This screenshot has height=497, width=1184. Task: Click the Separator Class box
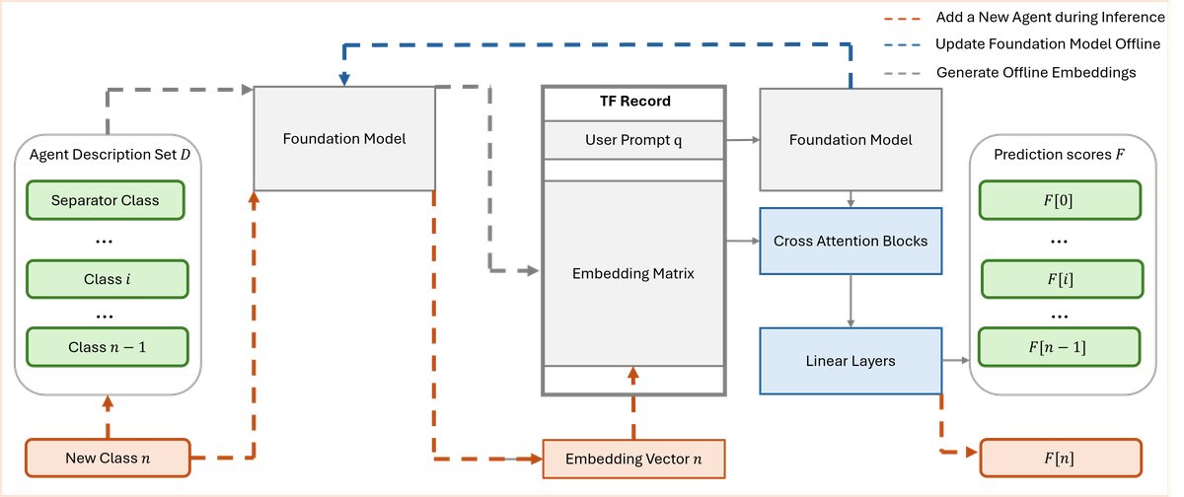[x=106, y=201]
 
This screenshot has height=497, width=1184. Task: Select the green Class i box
[x=106, y=279]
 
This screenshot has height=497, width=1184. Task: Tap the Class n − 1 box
[x=106, y=345]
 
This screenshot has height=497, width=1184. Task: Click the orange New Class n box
[x=106, y=457]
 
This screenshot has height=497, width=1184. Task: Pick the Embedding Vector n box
[x=633, y=460]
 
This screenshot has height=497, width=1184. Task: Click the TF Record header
[x=634, y=102]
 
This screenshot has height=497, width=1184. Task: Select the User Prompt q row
[x=634, y=139]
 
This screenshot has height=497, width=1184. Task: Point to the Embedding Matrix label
[x=633, y=273]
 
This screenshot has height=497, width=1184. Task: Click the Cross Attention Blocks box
[x=851, y=241]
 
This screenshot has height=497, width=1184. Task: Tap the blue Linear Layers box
[x=851, y=361]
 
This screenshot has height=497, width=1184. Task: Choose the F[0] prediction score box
[x=1061, y=200]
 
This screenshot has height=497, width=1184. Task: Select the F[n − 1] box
[x=1061, y=346]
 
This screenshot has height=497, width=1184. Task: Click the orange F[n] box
[x=1061, y=458]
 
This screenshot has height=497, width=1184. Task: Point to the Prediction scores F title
[x=1061, y=155]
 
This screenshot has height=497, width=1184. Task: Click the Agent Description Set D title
[x=106, y=155]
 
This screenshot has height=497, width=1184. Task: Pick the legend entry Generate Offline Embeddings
[x=1036, y=72]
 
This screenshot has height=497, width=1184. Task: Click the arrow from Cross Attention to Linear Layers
[x=851, y=299]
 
